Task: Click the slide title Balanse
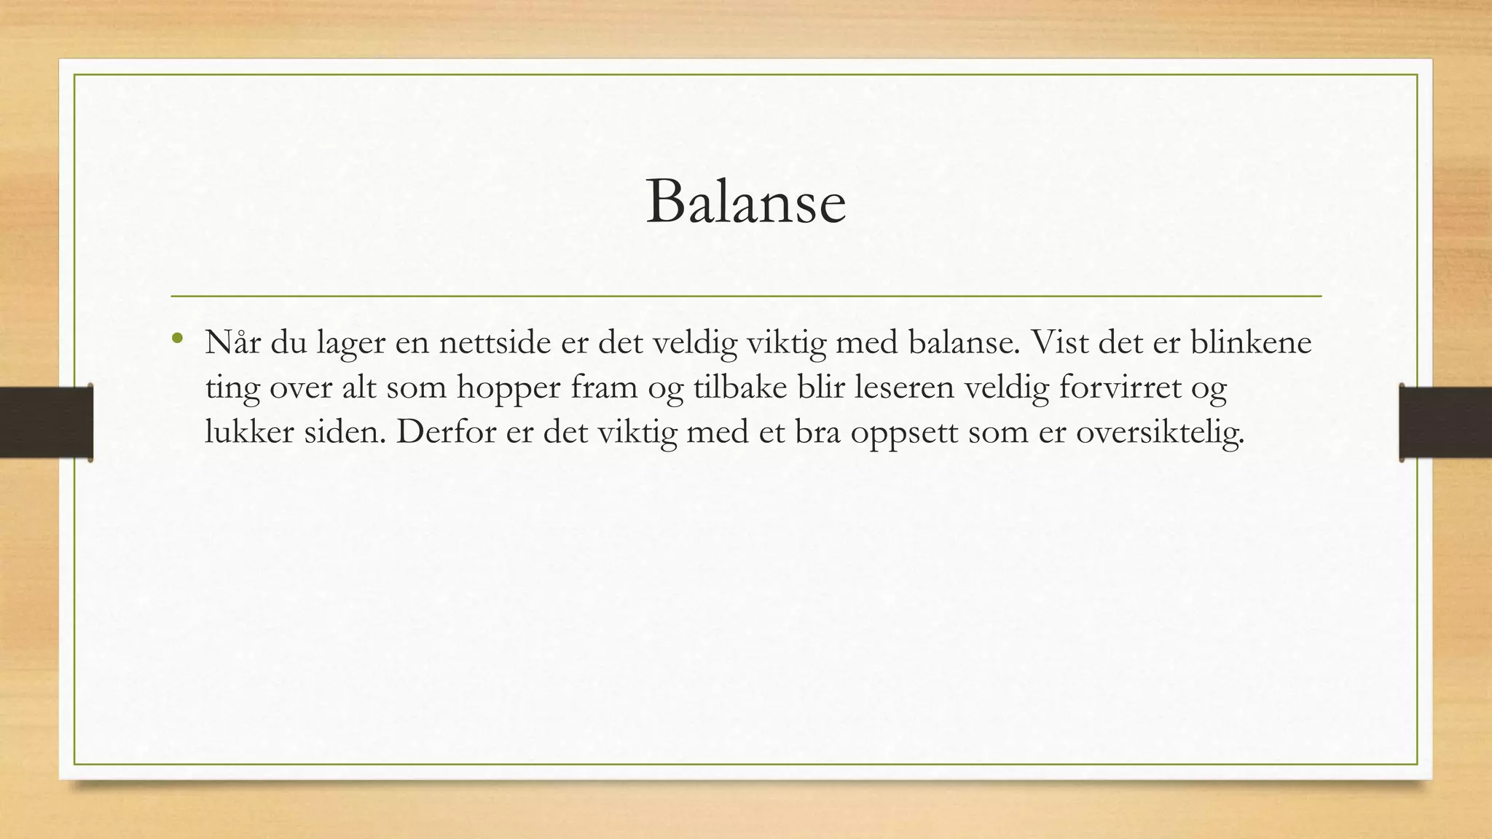745,202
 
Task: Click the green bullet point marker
176,338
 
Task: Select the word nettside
495,342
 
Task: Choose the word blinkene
1251,342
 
